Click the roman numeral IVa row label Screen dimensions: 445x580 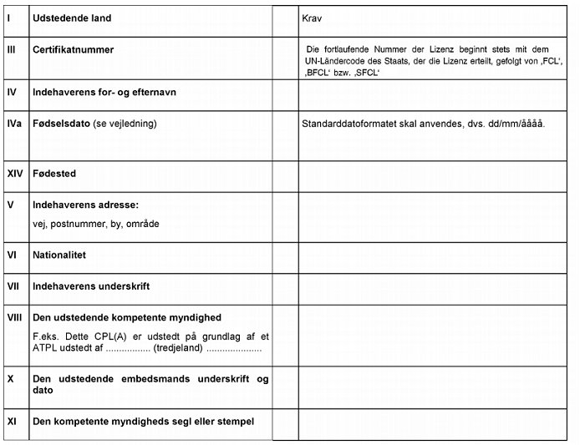tap(13, 124)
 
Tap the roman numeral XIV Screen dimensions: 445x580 tap(15, 174)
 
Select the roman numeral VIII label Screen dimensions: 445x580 tap(14, 317)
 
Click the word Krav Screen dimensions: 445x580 tap(313, 18)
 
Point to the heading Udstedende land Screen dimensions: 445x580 tap(71, 18)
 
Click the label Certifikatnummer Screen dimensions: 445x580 tap(73, 49)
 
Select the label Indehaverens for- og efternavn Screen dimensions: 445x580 tap(104, 92)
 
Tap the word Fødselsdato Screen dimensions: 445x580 tap(61, 124)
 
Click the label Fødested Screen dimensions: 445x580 tap(53, 174)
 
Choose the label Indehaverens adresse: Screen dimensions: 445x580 tap(84, 205)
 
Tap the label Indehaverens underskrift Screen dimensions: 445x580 tap(90, 286)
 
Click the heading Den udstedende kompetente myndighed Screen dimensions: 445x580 tap(126, 317)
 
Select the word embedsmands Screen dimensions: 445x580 tap(155, 379)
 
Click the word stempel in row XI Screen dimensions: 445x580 tap(234, 421)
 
